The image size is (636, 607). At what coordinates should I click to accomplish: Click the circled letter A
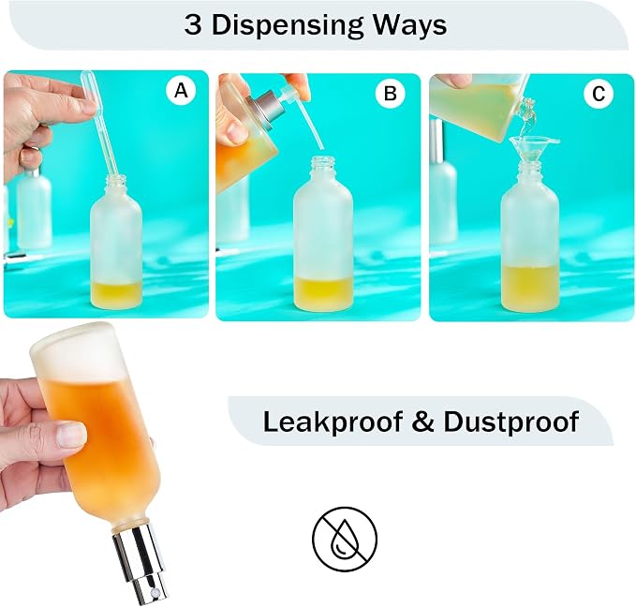[x=181, y=91]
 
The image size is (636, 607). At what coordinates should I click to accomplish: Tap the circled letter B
[x=390, y=94]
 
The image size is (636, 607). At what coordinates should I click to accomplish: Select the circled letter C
[x=599, y=94]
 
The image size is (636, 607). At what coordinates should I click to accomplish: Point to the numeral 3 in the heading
[x=194, y=25]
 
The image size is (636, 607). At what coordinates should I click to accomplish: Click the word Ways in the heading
[x=409, y=25]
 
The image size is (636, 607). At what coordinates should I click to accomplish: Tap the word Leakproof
[x=333, y=422]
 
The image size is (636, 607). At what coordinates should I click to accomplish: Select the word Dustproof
[x=510, y=422]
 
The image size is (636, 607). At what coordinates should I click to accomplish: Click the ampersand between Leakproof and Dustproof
[x=422, y=422]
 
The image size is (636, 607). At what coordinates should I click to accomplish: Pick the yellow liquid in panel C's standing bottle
[x=531, y=286]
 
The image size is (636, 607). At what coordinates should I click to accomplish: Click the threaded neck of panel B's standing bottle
[x=322, y=168]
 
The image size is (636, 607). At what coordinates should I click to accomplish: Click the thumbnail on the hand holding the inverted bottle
[x=72, y=434]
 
